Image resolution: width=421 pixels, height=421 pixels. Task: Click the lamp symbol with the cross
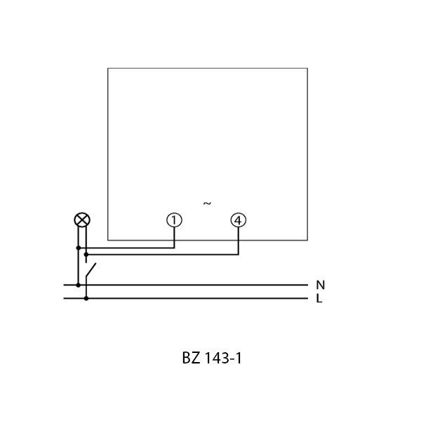coord(82,220)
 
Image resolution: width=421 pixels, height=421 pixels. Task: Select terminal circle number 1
coord(174,220)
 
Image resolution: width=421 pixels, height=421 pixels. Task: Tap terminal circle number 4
coord(238,220)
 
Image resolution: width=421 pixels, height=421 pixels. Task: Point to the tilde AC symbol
coord(207,203)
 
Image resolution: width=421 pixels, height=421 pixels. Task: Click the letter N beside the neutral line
coord(321,285)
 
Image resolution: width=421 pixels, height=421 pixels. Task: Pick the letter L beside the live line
coord(319,298)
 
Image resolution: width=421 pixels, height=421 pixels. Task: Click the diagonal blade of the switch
coord(91,270)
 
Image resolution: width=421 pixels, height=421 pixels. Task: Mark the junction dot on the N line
coord(78,285)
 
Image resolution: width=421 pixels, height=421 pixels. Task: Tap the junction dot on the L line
coord(86,298)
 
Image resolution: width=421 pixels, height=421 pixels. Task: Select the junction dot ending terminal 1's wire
coord(79,248)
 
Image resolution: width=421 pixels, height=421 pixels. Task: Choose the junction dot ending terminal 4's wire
coord(86,254)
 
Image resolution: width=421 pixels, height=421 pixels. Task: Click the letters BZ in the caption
coord(191,358)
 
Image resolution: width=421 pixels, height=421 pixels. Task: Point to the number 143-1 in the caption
coord(223,358)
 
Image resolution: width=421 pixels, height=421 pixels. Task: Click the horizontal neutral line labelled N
coord(185,285)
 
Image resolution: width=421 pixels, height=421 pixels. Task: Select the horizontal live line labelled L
coord(185,298)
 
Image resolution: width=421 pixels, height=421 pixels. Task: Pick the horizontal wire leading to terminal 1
coord(126,248)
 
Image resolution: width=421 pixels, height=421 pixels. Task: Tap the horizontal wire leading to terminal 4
coord(162,254)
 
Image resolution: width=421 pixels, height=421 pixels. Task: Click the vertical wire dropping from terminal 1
coord(174,238)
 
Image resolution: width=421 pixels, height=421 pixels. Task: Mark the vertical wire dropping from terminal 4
coord(238,241)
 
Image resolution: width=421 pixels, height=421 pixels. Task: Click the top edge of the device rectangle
coord(208,68)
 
